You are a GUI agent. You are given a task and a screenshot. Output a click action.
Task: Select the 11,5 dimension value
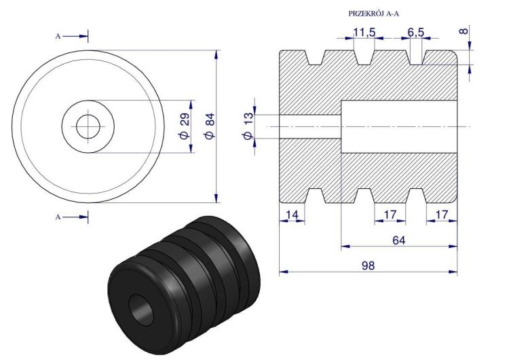(x=364, y=33)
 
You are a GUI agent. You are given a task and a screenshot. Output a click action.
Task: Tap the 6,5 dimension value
(x=416, y=33)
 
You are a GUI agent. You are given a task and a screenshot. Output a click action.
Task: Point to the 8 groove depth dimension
(x=464, y=32)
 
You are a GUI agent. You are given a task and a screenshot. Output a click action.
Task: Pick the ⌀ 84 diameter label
(x=209, y=126)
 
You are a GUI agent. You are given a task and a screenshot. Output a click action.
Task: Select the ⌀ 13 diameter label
(x=248, y=127)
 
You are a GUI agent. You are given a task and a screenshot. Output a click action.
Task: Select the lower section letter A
(x=58, y=217)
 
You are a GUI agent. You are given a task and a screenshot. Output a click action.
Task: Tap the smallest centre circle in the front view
(x=88, y=126)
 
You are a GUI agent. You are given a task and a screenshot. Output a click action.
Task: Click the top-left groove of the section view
(x=315, y=58)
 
